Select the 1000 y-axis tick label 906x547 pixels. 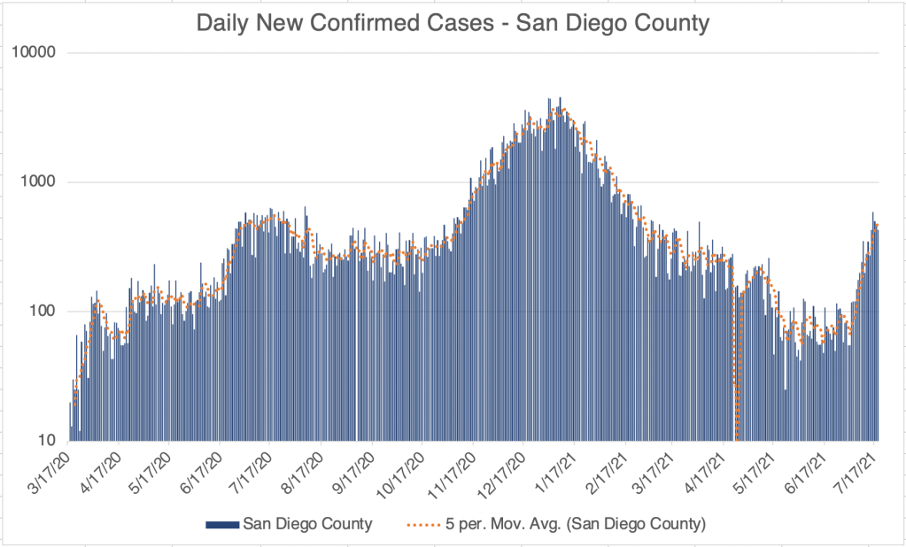click(x=39, y=182)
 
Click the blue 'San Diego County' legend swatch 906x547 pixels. click(x=221, y=525)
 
